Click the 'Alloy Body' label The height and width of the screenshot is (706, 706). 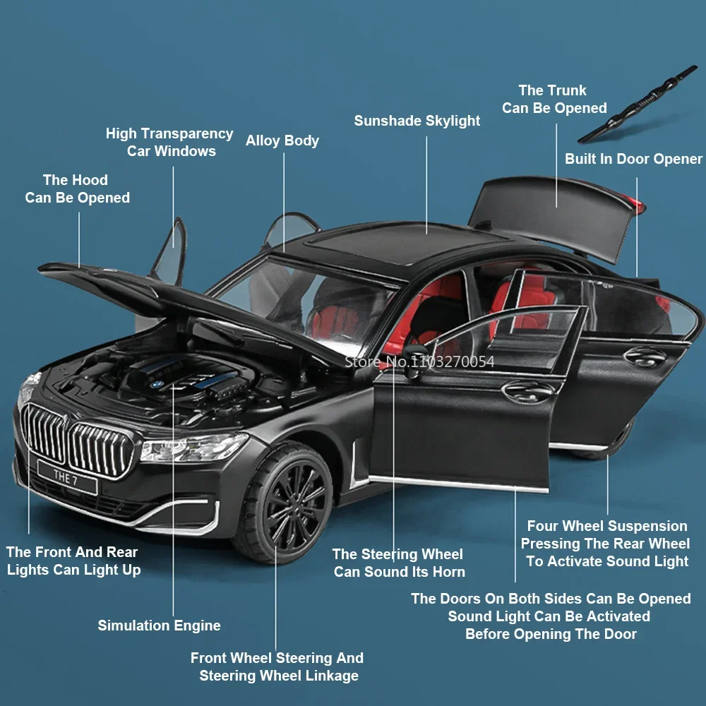282,140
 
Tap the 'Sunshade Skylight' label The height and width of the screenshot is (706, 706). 417,121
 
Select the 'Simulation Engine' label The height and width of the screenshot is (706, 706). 159,626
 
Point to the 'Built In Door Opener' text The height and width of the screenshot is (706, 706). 633,159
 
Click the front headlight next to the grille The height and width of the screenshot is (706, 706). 191,448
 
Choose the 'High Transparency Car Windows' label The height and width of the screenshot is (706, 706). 169,142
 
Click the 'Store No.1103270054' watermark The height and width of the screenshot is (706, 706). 419,361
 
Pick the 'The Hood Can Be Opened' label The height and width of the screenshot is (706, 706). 77,189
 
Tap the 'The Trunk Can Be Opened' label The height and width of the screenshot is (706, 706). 554,99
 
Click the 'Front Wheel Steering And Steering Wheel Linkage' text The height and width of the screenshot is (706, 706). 277,666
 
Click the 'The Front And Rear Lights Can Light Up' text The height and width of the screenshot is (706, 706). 73,561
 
